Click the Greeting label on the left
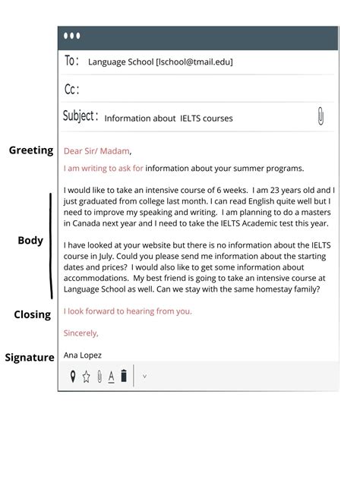[x=31, y=150]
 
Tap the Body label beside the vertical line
[x=30, y=241]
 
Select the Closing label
[x=32, y=314]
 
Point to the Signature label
[x=30, y=357]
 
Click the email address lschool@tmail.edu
[x=194, y=62]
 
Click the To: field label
[x=72, y=61]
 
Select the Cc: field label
[x=72, y=90]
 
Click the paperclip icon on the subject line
[x=321, y=117]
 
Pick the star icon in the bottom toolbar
[x=86, y=376]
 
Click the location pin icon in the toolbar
[x=73, y=376]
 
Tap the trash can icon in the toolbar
[x=124, y=375]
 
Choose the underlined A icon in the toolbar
[x=111, y=376]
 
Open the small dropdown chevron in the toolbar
[x=144, y=376]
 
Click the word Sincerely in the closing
[x=81, y=333]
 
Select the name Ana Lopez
[x=83, y=355]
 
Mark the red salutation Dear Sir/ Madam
[x=97, y=150]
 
